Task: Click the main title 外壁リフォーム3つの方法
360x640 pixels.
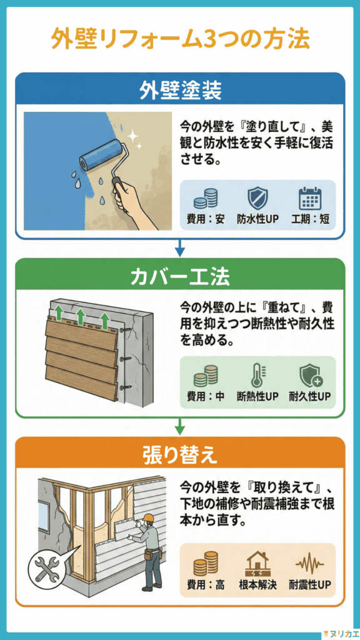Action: coord(180,39)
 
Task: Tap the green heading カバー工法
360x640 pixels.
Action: coord(180,276)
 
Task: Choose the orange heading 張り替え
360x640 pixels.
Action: coord(180,454)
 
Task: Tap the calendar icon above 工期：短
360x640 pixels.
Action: coord(309,198)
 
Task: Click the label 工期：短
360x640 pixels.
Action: coord(309,220)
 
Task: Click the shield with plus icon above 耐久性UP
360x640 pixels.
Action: coord(309,376)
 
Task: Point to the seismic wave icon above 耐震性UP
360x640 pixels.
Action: coord(309,563)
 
